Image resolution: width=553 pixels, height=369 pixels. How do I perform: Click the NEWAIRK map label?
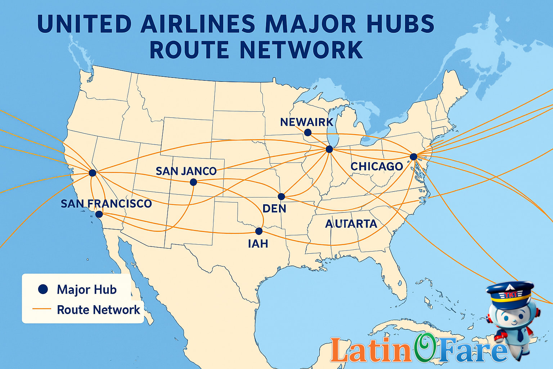307,122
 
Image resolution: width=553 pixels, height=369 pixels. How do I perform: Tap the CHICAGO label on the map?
377,166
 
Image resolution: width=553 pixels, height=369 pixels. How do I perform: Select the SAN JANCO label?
186,171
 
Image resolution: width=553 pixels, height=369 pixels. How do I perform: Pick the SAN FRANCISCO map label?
106,204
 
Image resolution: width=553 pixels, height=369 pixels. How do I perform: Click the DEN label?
274,208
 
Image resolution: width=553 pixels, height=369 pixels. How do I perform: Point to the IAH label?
258,244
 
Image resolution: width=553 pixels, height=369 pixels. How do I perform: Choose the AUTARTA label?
351,224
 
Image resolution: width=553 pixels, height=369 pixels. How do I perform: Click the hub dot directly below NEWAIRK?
307,133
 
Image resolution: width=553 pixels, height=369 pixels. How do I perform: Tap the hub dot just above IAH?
258,231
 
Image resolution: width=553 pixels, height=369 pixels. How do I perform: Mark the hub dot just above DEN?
281,196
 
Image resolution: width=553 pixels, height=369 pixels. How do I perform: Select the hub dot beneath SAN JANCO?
193,182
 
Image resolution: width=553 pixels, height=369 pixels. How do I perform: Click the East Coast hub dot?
414,156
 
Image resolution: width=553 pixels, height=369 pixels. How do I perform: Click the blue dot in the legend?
43,289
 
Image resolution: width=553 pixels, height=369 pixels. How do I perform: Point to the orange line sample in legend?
42,309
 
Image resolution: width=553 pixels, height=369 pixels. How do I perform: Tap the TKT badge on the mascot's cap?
510,294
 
